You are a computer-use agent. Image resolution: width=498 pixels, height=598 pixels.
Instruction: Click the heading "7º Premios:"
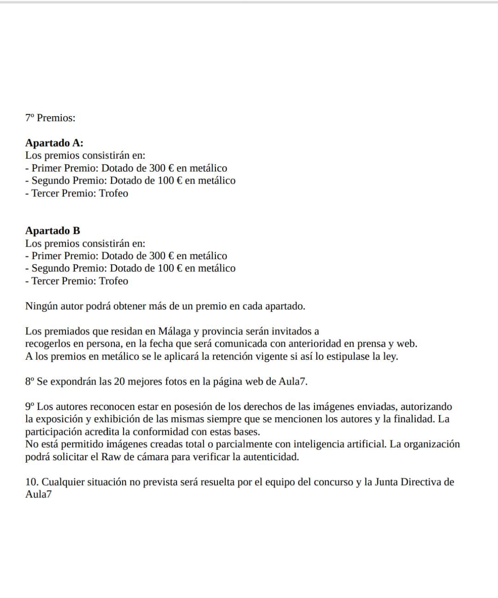50,118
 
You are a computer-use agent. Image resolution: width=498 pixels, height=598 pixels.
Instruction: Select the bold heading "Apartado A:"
54,143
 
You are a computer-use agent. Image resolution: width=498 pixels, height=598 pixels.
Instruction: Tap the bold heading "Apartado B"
53,231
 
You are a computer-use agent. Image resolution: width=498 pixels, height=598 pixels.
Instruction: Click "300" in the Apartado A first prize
157,168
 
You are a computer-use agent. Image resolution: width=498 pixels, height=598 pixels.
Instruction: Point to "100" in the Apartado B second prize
166,268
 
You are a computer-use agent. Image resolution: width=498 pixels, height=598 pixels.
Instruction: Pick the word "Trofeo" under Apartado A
113,193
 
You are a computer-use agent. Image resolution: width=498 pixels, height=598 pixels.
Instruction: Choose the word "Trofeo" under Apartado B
113,281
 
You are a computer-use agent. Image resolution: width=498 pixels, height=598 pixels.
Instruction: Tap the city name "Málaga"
174,332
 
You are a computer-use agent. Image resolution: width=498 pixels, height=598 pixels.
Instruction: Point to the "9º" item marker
30,407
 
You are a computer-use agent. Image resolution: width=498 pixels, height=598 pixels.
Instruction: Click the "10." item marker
32,482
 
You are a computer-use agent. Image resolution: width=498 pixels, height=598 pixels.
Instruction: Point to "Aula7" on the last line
38,495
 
